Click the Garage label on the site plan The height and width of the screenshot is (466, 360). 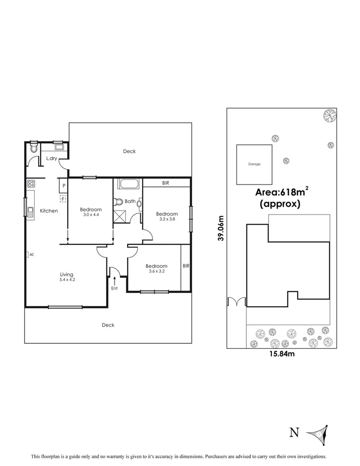click(254, 164)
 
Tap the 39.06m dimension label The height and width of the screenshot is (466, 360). click(220, 229)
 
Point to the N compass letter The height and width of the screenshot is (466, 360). click(295, 433)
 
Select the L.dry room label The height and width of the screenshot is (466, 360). click(51, 159)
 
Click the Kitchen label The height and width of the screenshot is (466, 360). click(49, 211)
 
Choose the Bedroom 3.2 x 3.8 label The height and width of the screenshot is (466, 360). click(166, 216)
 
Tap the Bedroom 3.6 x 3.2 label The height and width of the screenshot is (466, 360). click(156, 268)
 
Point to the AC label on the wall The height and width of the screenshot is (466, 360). click(31, 255)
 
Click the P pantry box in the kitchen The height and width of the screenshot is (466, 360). click(64, 185)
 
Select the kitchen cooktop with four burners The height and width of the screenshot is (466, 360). click(30, 183)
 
